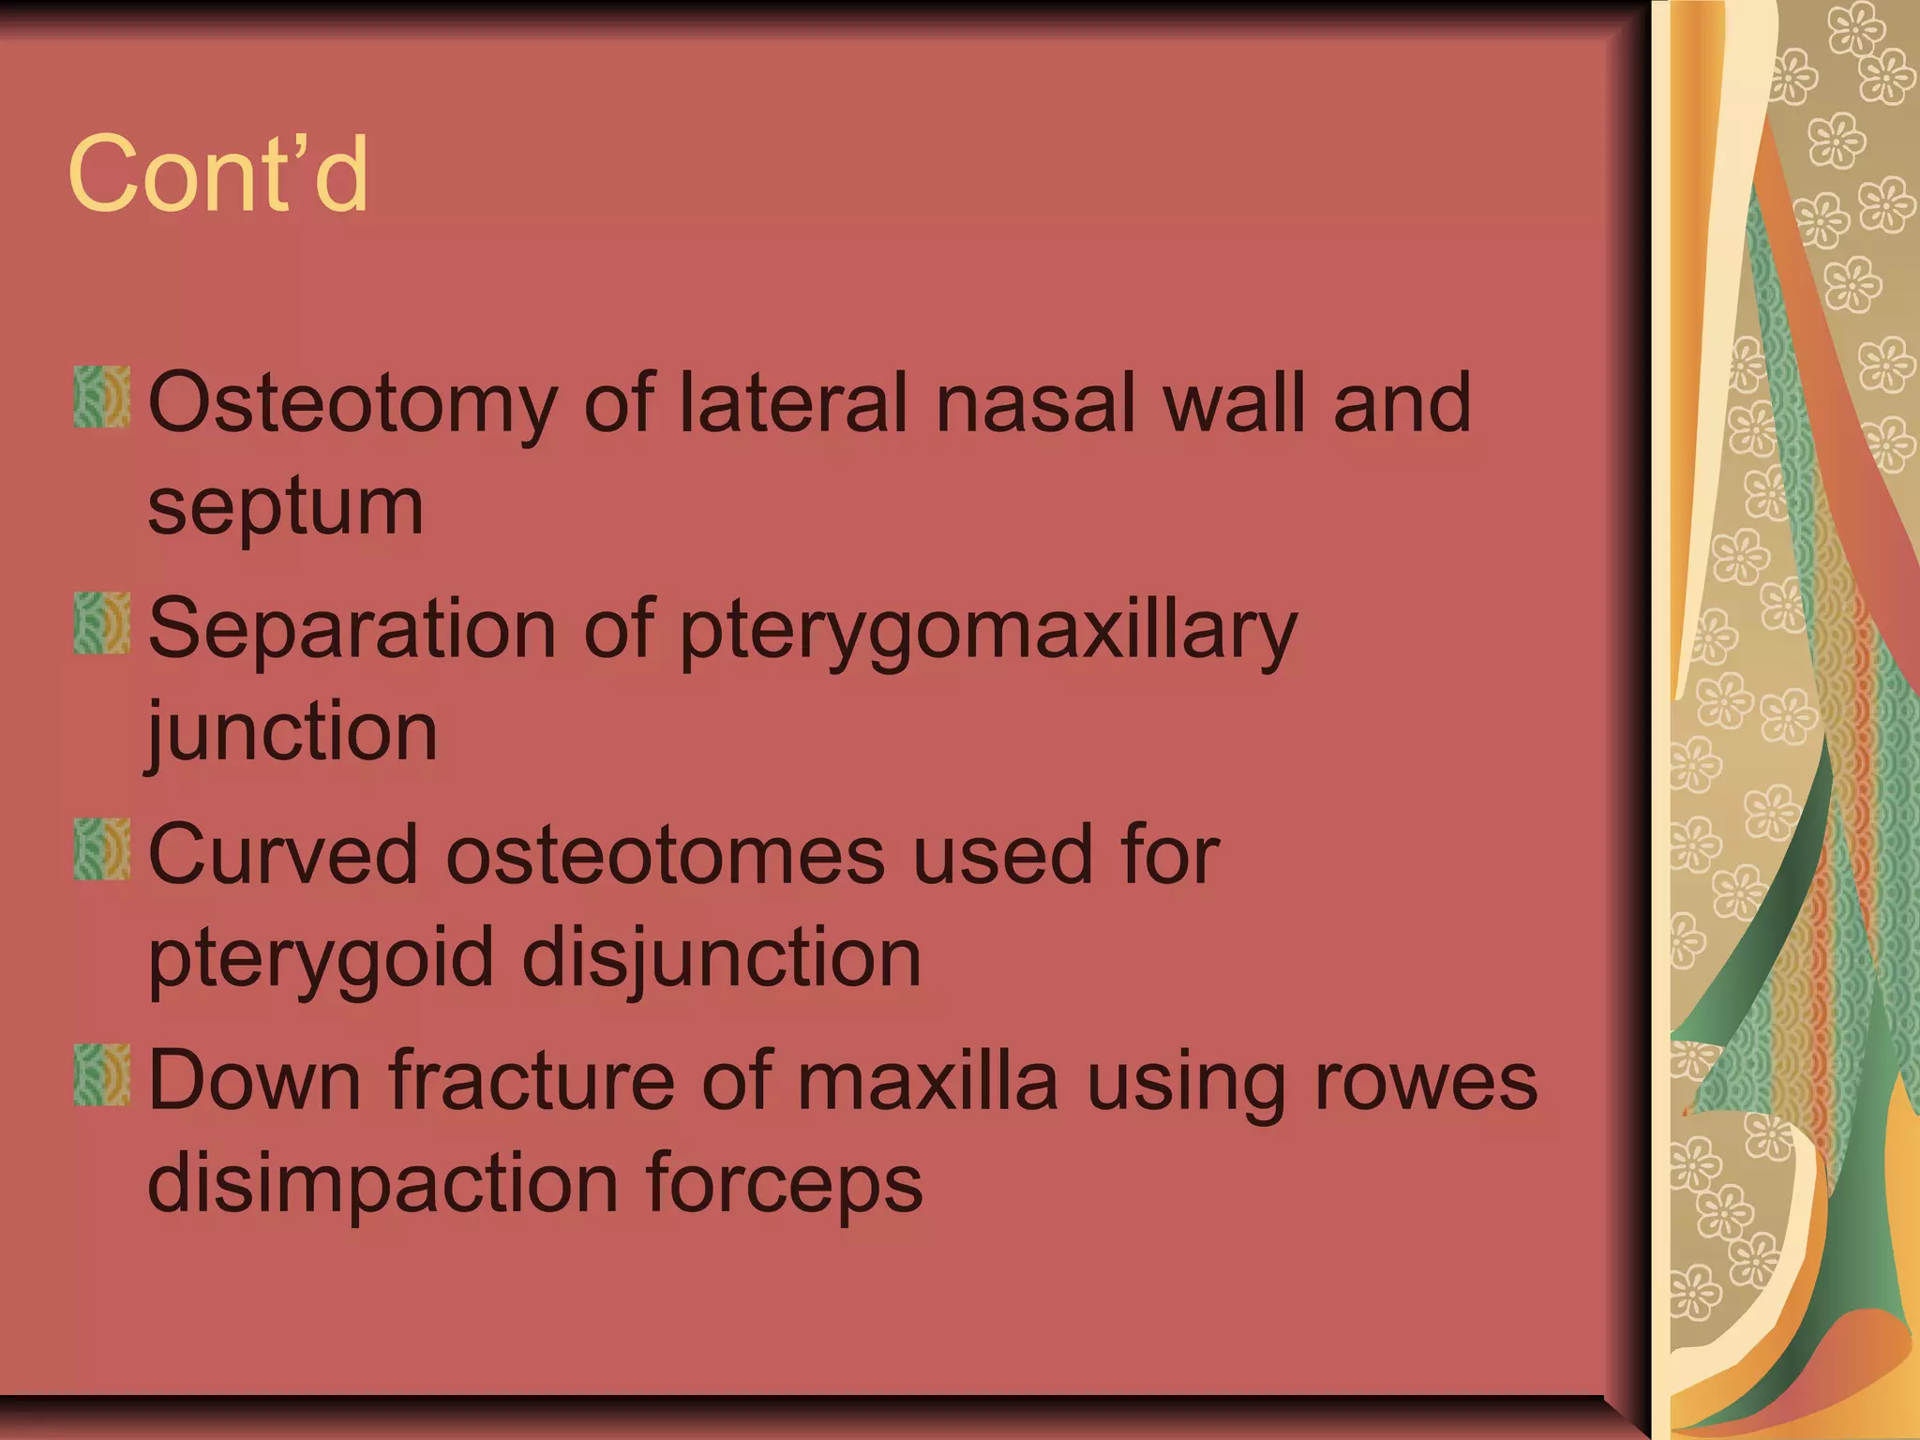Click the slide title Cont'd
(x=217, y=174)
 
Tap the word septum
(x=286, y=508)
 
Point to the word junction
(x=292, y=733)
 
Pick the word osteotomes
(x=665, y=855)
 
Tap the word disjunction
(x=721, y=958)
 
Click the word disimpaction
(x=382, y=1183)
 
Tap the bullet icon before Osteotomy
(x=101, y=397)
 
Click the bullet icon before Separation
(x=101, y=622)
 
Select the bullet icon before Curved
(x=101, y=848)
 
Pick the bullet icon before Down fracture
(x=101, y=1074)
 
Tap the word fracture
(x=532, y=1080)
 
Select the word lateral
(x=793, y=403)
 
